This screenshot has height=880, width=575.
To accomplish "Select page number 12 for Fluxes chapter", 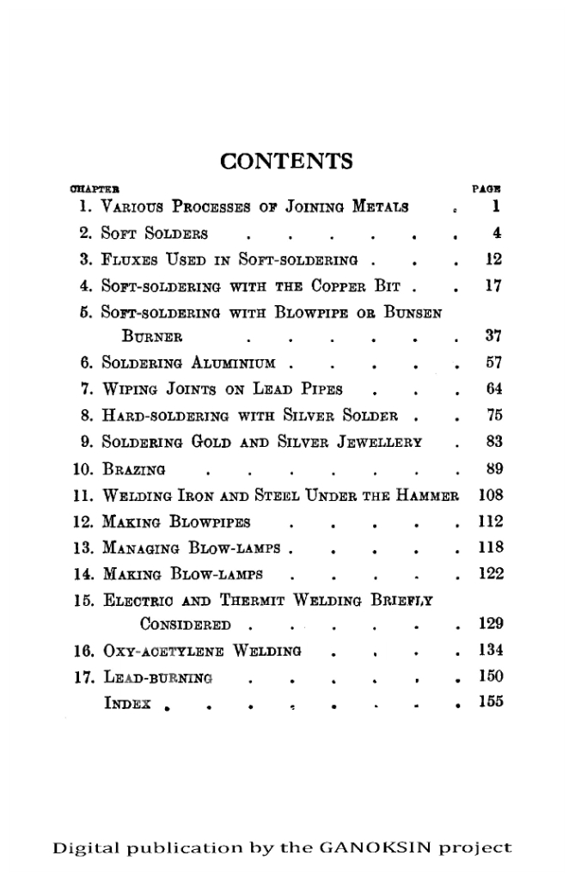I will click(x=491, y=257).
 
